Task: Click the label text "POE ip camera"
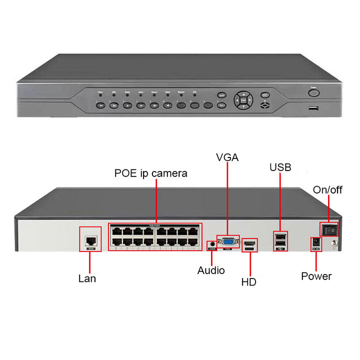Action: coord(151,173)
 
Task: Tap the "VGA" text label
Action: coord(227,157)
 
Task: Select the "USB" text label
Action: coord(280,167)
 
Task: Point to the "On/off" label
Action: coord(328,190)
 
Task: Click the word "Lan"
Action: coord(87,278)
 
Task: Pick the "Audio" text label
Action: coord(211,270)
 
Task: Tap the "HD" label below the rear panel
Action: coord(248,282)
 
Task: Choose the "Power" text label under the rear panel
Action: coord(316,276)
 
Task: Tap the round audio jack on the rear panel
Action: coord(212,243)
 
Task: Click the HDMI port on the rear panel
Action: coord(250,243)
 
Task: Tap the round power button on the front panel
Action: coord(313,92)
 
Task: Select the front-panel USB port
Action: coord(313,108)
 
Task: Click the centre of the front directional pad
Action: coord(243,99)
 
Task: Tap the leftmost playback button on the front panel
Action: coord(100,105)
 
